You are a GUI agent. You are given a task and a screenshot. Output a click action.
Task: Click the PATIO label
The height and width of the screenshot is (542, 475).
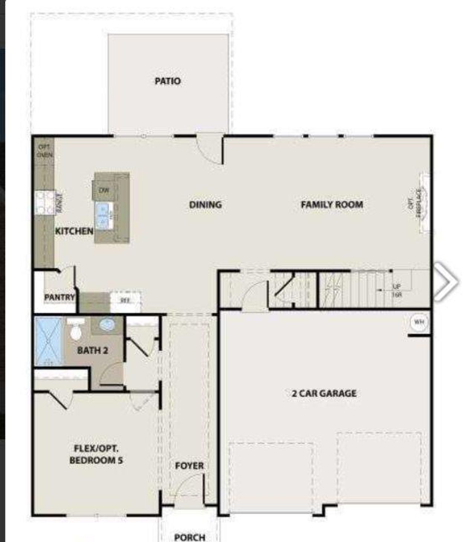coord(167,81)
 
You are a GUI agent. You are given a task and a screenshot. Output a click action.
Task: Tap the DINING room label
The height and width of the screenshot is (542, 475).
coord(205,205)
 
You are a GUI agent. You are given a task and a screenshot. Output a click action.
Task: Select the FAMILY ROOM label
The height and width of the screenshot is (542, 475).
coord(332,205)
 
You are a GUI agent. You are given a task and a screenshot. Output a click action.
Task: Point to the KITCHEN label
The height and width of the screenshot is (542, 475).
coord(74,231)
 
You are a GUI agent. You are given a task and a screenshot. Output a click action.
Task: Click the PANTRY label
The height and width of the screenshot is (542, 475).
coord(59,297)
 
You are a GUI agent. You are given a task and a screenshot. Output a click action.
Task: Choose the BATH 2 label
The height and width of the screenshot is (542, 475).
coord(92,350)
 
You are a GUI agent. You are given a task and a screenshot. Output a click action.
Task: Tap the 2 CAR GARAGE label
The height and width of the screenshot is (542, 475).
coord(324,393)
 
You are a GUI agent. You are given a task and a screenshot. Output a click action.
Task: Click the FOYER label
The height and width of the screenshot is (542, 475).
coord(189,466)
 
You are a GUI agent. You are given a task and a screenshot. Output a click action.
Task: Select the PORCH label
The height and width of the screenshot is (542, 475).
coord(190,537)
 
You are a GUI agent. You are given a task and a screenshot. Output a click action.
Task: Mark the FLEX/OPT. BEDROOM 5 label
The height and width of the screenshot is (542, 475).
coord(96,454)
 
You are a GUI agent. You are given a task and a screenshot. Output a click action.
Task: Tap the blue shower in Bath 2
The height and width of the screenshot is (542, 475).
coord(49,341)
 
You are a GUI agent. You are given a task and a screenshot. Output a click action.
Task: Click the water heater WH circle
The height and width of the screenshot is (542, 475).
coord(419,322)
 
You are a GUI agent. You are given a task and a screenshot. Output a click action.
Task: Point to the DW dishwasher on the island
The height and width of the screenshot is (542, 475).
coord(104,190)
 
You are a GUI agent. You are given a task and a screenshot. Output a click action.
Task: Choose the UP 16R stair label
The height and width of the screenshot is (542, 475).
coord(397,291)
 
